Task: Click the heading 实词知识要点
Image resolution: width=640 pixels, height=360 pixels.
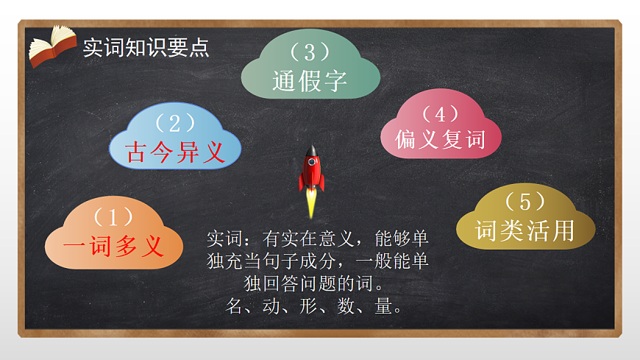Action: pyautogui.click(x=146, y=47)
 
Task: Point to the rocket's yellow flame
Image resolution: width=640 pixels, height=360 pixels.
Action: pyautogui.click(x=311, y=202)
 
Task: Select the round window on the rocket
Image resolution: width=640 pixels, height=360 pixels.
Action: pyautogui.click(x=312, y=160)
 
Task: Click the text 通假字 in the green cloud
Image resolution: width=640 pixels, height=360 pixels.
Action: pyautogui.click(x=310, y=80)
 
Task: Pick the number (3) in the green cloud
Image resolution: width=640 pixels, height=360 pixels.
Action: pyautogui.click(x=310, y=52)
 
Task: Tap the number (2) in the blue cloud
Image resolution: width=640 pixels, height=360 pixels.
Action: pyautogui.click(x=175, y=122)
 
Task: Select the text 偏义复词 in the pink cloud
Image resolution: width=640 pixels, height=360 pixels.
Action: pyautogui.click(x=441, y=138)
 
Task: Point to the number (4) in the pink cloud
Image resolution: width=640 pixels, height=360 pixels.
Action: pyautogui.click(x=441, y=113)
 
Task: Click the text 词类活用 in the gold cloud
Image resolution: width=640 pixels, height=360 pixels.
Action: pyautogui.click(x=525, y=230)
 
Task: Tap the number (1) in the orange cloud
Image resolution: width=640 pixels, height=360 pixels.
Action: pyautogui.click(x=113, y=218)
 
